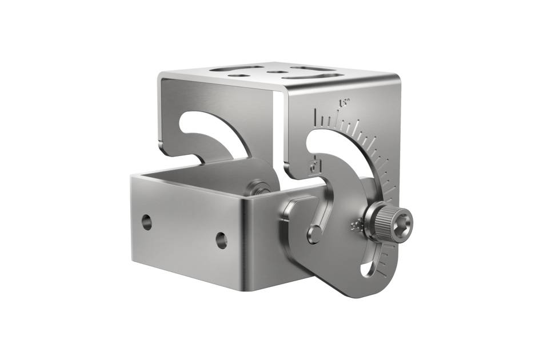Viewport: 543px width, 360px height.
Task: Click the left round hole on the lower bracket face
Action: coord(147,222)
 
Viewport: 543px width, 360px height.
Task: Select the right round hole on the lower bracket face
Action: coord(221,240)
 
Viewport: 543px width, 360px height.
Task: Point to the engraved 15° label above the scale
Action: coord(344,103)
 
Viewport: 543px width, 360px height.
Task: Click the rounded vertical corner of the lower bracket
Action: coord(246,240)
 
